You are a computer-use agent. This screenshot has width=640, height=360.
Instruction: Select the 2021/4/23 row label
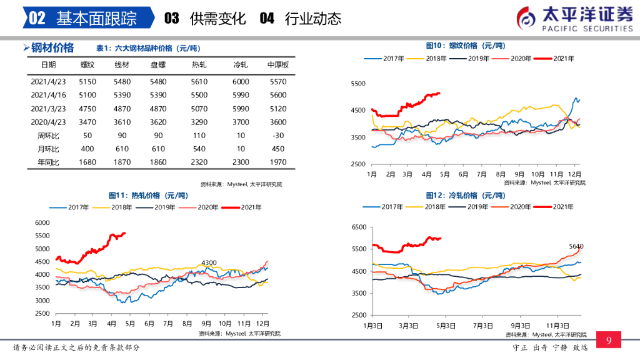[x=47, y=81]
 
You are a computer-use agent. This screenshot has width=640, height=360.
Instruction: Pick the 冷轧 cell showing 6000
[x=241, y=81]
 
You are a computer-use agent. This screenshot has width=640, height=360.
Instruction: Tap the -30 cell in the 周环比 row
[x=277, y=136]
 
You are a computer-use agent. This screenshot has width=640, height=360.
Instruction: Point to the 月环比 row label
[x=47, y=149]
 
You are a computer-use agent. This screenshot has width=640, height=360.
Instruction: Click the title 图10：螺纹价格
[x=465, y=46]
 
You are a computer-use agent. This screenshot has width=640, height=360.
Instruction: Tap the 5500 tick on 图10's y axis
[x=357, y=84]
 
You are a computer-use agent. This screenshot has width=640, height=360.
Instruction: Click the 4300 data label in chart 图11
[x=208, y=262]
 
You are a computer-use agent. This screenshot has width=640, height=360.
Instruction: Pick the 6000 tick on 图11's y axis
[x=42, y=222]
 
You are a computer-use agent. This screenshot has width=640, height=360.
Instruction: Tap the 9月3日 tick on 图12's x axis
[x=520, y=326]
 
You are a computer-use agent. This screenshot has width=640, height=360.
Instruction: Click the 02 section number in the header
[x=37, y=18]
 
